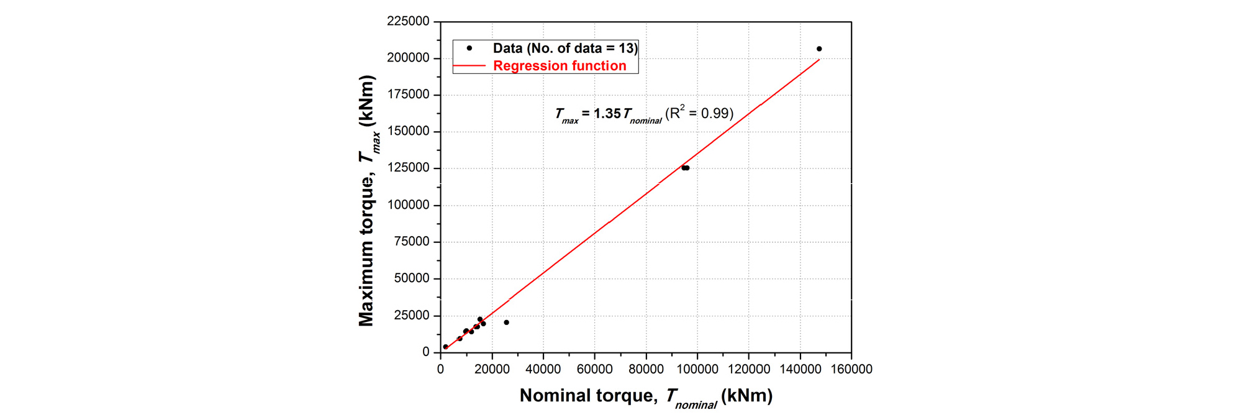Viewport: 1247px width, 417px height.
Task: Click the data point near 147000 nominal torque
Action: point(819,49)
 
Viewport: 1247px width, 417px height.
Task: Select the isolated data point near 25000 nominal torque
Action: point(506,323)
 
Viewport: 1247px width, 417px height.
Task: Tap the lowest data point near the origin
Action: point(445,347)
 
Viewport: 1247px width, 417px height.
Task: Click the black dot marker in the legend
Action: point(469,48)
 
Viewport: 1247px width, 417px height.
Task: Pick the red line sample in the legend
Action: point(469,66)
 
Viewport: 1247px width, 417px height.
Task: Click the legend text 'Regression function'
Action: point(560,66)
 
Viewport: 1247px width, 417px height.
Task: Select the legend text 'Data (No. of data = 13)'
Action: point(565,48)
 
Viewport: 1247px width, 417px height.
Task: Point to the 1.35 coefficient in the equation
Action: point(607,114)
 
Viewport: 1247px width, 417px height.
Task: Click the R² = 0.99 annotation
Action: point(699,113)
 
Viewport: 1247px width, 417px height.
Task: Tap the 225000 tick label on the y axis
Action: point(408,21)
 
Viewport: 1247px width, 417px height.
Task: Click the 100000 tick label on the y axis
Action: point(408,205)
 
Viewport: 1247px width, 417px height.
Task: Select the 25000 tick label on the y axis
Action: point(412,316)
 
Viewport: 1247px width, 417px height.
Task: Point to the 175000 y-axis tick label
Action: point(408,94)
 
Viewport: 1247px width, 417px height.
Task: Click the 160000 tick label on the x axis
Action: point(851,369)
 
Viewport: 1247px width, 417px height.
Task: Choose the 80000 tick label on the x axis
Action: point(646,369)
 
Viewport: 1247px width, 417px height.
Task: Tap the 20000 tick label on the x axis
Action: point(492,369)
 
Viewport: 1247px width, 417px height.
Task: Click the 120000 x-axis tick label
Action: point(748,369)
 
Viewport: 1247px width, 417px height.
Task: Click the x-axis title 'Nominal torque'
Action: point(587,396)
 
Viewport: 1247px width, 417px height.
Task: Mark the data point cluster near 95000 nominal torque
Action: point(685,168)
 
